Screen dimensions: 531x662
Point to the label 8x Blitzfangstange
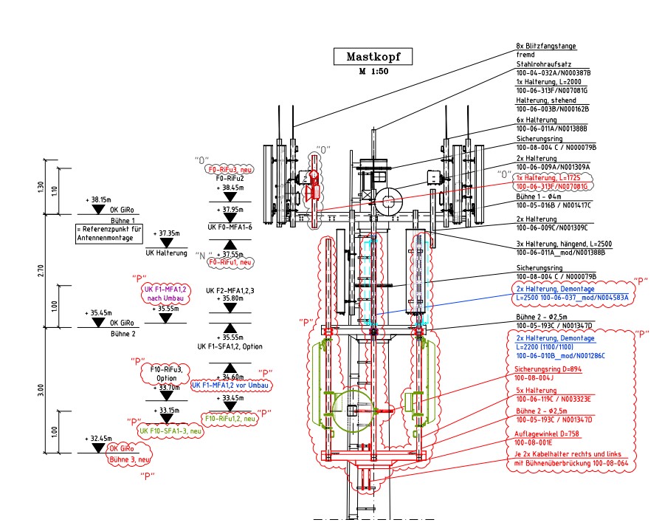tap(545, 46)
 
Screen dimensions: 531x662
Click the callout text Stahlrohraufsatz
tap(544, 65)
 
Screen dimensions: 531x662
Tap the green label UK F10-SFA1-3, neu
tap(170, 431)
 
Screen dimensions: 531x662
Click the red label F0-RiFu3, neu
tap(230, 168)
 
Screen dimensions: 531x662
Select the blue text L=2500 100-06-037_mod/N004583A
tap(572, 298)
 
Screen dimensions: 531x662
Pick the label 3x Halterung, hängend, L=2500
tap(564, 243)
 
